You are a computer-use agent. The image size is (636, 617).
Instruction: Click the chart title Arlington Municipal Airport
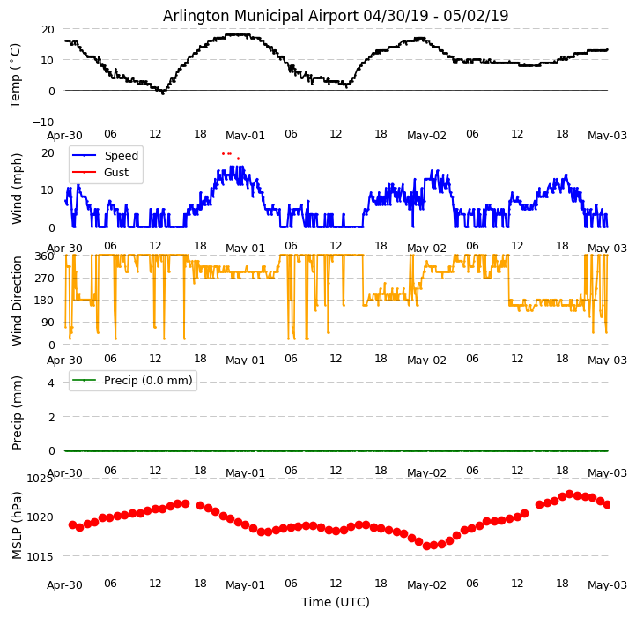click(x=335, y=16)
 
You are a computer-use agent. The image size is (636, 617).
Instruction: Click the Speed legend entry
click(x=121, y=156)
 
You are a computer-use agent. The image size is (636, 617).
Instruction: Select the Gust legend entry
click(x=115, y=173)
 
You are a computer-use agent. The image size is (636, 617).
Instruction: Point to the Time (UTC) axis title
click(x=335, y=603)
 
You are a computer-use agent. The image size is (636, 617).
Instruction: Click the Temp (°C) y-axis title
click(x=16, y=75)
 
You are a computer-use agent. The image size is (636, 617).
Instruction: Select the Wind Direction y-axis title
click(x=16, y=300)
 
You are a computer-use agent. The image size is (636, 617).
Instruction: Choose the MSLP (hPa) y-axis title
click(x=16, y=524)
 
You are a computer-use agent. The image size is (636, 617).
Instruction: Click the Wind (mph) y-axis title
click(x=16, y=189)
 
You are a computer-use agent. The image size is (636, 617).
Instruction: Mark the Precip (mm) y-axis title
click(x=16, y=413)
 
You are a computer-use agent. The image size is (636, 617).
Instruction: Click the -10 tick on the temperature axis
click(x=44, y=122)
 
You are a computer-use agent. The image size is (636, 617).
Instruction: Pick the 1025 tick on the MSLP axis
click(x=41, y=479)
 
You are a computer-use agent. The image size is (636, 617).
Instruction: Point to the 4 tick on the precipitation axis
click(x=51, y=383)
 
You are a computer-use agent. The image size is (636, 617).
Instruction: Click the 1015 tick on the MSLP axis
click(x=41, y=556)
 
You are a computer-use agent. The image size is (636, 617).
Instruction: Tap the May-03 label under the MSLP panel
click(x=607, y=584)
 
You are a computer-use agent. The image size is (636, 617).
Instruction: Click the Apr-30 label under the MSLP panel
click(x=64, y=584)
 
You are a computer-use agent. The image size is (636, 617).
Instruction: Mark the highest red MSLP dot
click(x=569, y=494)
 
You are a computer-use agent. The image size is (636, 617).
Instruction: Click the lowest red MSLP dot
click(x=426, y=546)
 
